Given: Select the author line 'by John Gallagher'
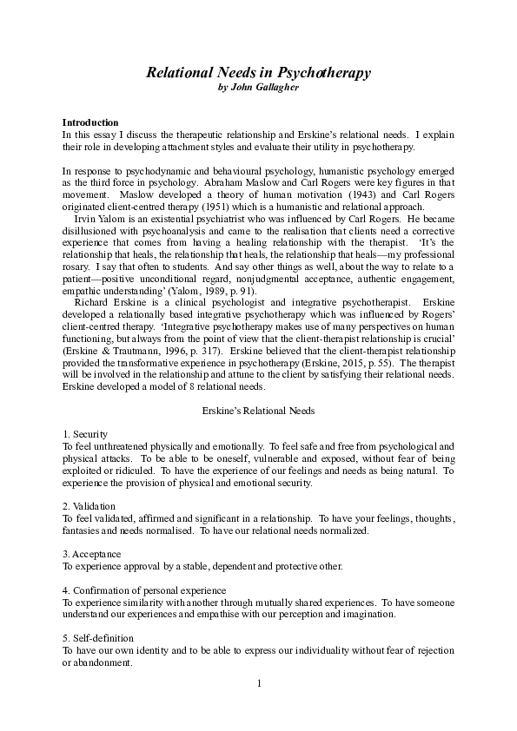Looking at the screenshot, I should point(258,89).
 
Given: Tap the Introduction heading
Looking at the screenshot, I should point(90,122).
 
